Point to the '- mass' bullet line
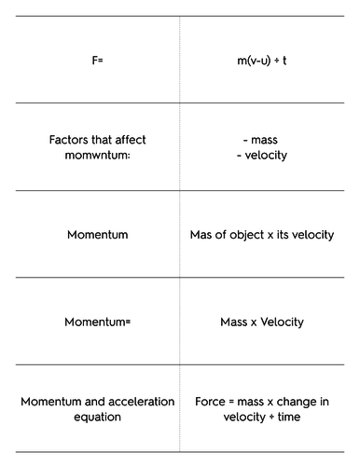click(262, 141)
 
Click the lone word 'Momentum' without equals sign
click(97, 235)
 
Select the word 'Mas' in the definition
click(201, 235)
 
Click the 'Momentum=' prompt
click(97, 322)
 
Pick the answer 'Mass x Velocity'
click(262, 322)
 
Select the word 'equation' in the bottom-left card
click(97, 417)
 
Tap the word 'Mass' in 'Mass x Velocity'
click(234, 322)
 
